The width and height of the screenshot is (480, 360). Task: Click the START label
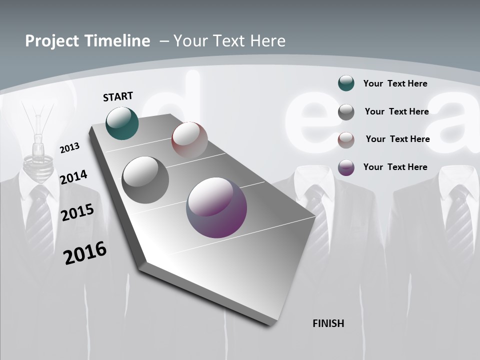pyautogui.click(x=118, y=96)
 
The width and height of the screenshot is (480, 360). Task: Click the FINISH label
pyautogui.click(x=328, y=323)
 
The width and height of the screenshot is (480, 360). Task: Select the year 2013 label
pyautogui.click(x=70, y=148)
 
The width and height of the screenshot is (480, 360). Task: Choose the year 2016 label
pyautogui.click(x=85, y=253)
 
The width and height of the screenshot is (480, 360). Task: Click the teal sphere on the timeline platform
pyautogui.click(x=122, y=123)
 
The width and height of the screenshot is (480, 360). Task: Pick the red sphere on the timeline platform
pyautogui.click(x=189, y=139)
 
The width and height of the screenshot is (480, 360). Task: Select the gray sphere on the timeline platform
pyautogui.click(x=145, y=180)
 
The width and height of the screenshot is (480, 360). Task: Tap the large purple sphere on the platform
pyautogui.click(x=216, y=207)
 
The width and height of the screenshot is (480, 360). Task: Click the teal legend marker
pyautogui.click(x=346, y=83)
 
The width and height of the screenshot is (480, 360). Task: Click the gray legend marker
pyautogui.click(x=346, y=112)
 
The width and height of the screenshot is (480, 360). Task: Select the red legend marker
pyautogui.click(x=346, y=140)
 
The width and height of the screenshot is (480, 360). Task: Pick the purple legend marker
pyautogui.click(x=346, y=167)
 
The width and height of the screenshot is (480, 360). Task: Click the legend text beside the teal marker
pyautogui.click(x=395, y=83)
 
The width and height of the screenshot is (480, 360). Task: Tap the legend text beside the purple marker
pyautogui.click(x=395, y=167)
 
